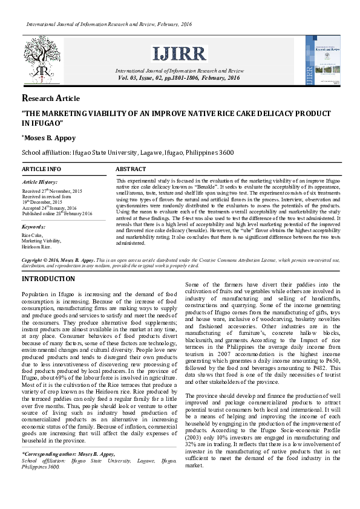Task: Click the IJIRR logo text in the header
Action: tap(179, 53)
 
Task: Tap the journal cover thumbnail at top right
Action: tap(323, 61)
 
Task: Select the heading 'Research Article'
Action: tap(51, 99)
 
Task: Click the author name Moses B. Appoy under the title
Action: tap(48, 138)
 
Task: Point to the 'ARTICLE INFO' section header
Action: tap(41, 169)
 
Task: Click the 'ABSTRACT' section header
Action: tap(131, 169)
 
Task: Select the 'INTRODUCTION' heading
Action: tap(48, 279)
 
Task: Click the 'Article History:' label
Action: tap(40, 182)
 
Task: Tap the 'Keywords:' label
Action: tap(34, 227)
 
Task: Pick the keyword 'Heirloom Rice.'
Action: tap(36, 247)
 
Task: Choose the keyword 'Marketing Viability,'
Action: tap(41, 241)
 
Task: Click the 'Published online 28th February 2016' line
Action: tap(57, 213)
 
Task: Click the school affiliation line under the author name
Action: tap(128, 154)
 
